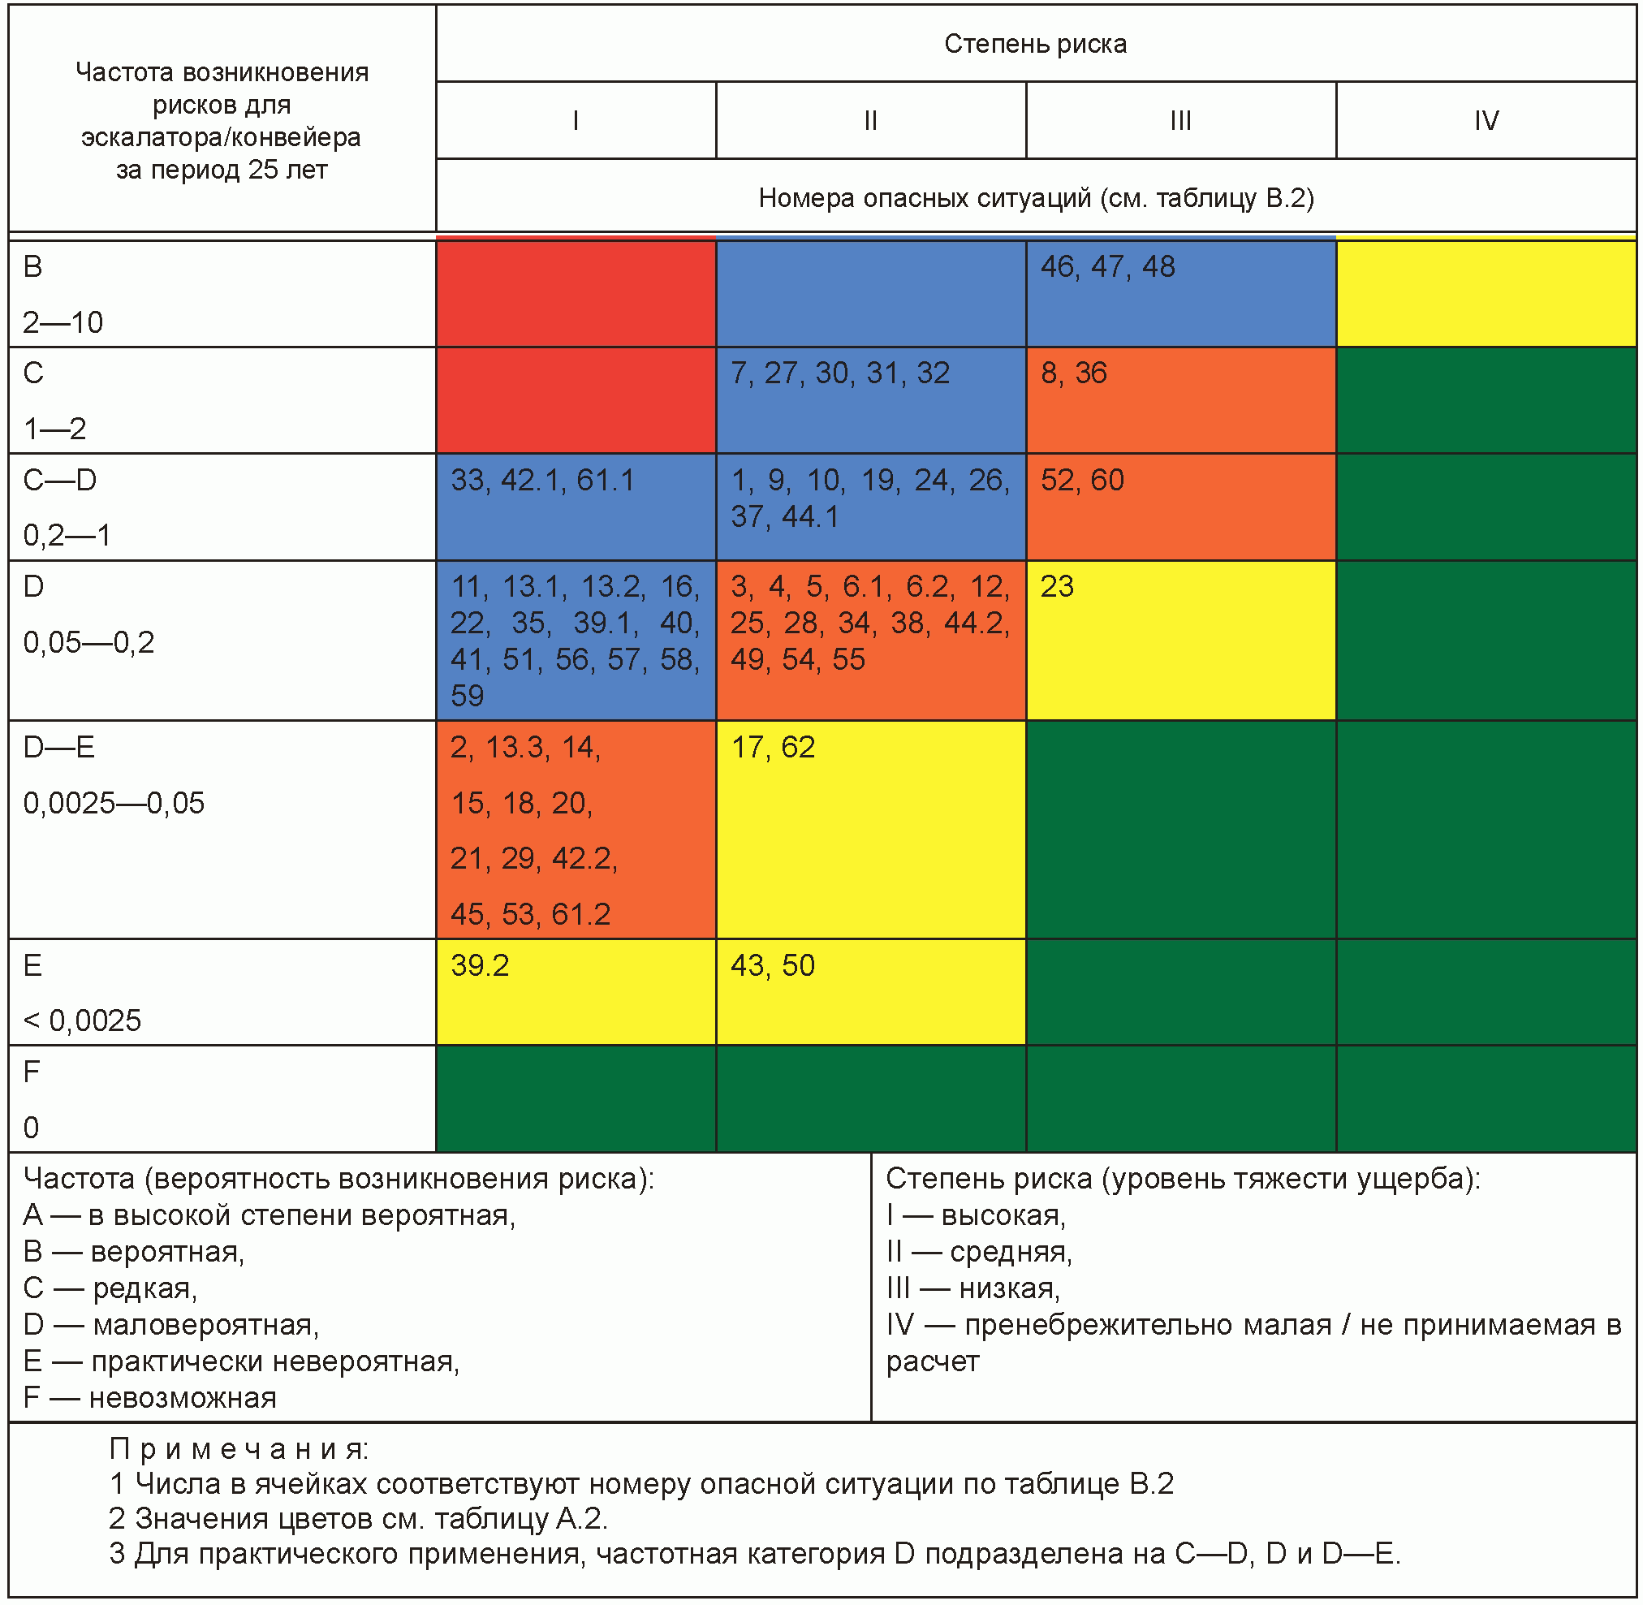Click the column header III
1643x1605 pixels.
pyautogui.click(x=1180, y=120)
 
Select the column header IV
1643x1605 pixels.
pyautogui.click(x=1486, y=120)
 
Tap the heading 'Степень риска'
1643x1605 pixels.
pyautogui.click(x=1035, y=44)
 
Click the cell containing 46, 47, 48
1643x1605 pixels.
pyautogui.click(x=1180, y=293)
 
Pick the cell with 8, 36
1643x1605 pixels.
pyautogui.click(x=1180, y=400)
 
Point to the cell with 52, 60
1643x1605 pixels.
pyautogui.click(x=1180, y=507)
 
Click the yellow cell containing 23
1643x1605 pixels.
pyautogui.click(x=1180, y=641)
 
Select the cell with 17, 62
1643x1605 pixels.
pyautogui.click(x=871, y=830)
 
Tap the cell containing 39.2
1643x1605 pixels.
pyautogui.click(x=576, y=992)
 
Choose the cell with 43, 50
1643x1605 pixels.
pyautogui.click(x=871, y=992)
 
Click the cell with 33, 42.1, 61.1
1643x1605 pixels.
pyautogui.click(x=576, y=507)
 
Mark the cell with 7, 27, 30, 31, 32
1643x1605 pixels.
pyautogui.click(x=871, y=400)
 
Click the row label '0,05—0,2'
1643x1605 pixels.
pyautogui.click(x=88, y=643)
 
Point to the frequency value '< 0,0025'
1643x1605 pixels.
pyautogui.click(x=82, y=1020)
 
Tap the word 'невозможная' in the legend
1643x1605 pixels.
pyautogui.click(x=183, y=1398)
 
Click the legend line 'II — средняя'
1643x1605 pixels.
pyautogui.click(x=979, y=1252)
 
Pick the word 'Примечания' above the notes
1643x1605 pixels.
pyautogui.click(x=239, y=1449)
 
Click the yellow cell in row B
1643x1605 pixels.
pyautogui.click(x=1486, y=293)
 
